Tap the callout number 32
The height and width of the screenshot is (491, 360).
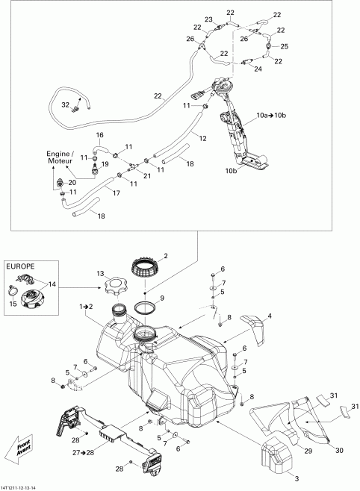tap(66, 104)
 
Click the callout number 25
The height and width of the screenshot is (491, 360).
tap(284, 46)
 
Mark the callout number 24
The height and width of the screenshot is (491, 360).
tap(258, 69)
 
